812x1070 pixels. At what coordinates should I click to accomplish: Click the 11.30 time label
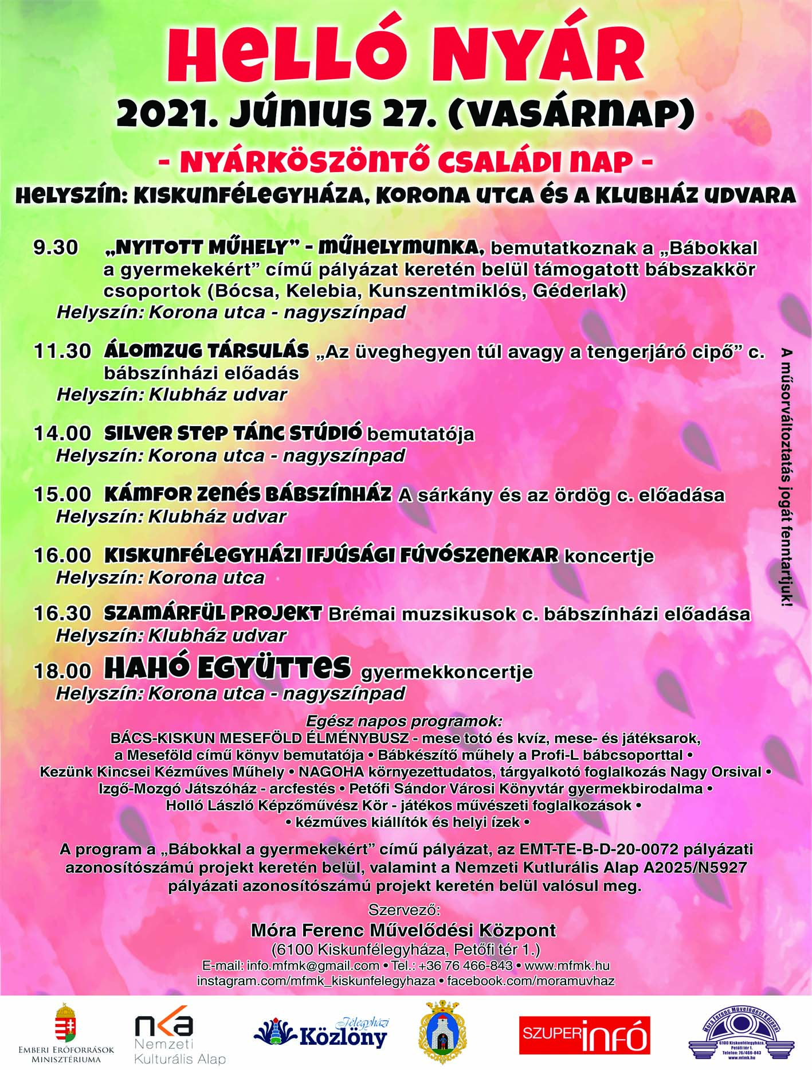pyautogui.click(x=62, y=351)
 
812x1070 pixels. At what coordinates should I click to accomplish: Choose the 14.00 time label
pyautogui.click(x=62, y=433)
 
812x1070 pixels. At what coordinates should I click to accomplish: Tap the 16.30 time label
pyautogui.click(x=62, y=613)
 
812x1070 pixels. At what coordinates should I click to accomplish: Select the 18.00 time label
pyautogui.click(x=62, y=671)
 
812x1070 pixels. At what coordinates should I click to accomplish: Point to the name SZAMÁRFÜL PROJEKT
pyautogui.click(x=213, y=613)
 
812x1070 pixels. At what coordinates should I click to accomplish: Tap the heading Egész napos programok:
pyautogui.click(x=404, y=721)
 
